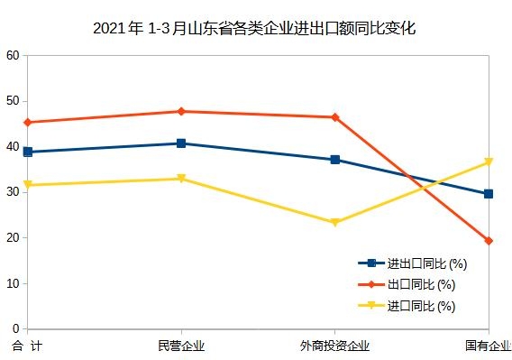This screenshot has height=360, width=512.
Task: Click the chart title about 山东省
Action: point(255,28)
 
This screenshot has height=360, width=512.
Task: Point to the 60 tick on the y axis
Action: point(12,55)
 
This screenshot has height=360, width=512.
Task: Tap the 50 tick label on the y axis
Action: point(12,101)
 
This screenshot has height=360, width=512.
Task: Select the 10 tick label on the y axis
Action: point(12,283)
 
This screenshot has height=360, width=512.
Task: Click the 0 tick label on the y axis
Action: point(15,329)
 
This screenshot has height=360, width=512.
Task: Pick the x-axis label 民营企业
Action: point(181,346)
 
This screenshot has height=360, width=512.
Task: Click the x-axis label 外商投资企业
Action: point(334,346)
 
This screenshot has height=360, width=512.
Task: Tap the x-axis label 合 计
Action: point(27,346)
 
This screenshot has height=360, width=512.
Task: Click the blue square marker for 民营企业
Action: point(181,143)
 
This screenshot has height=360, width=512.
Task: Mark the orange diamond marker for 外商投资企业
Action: point(334,117)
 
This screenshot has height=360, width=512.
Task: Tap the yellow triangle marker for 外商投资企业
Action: point(334,222)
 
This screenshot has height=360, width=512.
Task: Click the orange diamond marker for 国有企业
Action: point(489,241)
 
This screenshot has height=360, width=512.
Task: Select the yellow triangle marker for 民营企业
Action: point(181,179)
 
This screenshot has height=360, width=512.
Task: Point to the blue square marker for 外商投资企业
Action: point(334,160)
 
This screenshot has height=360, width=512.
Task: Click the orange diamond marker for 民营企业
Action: point(181,111)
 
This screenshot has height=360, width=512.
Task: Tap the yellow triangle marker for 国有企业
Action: point(489,162)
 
